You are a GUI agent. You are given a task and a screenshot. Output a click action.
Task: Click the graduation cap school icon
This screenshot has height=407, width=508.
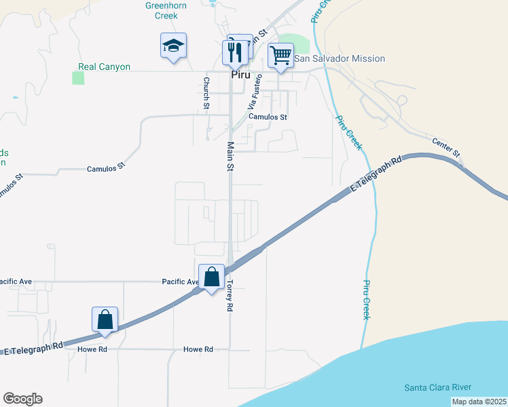click(x=173, y=46)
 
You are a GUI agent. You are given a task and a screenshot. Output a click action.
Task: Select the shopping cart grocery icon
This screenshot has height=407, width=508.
click(x=280, y=55)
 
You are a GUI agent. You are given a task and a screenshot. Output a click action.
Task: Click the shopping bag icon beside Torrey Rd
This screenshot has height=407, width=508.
click(x=212, y=277)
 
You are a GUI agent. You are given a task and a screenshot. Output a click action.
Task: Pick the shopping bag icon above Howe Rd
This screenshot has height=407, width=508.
click(x=105, y=319)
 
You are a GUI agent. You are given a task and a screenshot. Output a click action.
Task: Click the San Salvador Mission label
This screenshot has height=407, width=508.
click(x=340, y=59)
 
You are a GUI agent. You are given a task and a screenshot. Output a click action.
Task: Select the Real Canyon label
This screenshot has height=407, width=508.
click(x=104, y=67)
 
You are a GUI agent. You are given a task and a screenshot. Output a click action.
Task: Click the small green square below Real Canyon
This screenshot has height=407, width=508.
click(x=78, y=78)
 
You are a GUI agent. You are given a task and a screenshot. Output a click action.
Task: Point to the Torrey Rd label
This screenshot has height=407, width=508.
click(x=230, y=296)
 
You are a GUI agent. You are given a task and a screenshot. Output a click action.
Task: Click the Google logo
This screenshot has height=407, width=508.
click(x=22, y=399)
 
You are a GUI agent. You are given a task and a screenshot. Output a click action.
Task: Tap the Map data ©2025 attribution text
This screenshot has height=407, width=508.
click(x=479, y=402)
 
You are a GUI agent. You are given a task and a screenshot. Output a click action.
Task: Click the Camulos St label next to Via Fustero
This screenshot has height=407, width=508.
click(x=268, y=117)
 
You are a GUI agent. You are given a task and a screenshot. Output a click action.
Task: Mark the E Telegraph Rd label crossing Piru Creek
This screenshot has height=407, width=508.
click(x=376, y=175)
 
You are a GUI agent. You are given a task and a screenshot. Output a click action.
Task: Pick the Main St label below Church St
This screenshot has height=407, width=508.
click(x=230, y=156)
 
